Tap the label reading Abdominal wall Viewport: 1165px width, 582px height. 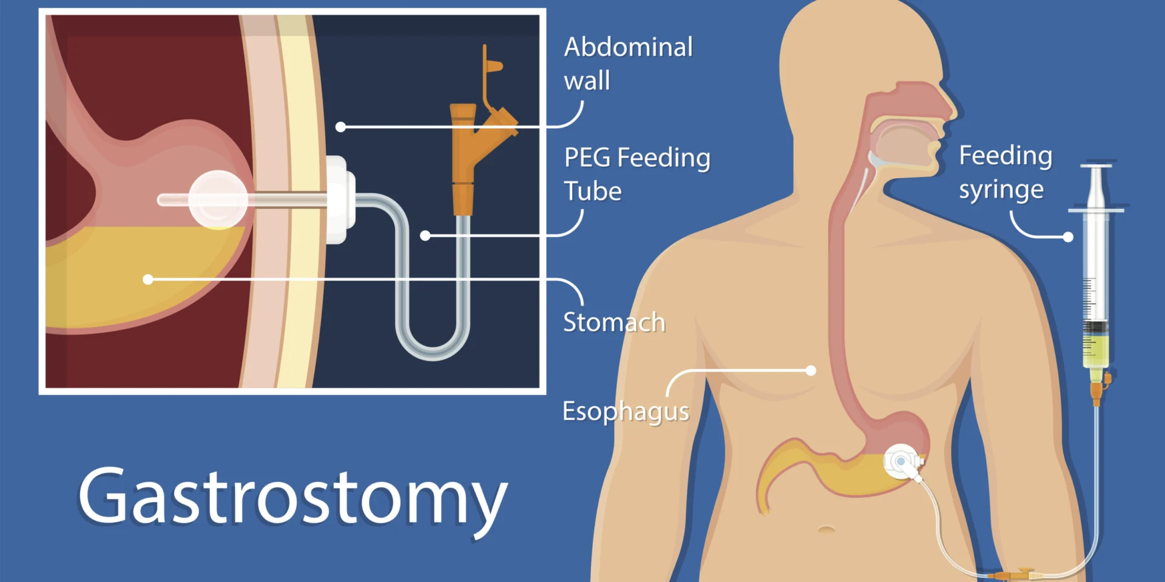point(628,64)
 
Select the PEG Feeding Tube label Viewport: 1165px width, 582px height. point(637,174)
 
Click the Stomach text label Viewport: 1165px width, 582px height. point(614,323)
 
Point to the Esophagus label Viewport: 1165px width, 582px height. point(626,412)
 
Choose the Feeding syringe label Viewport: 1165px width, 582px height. point(1005,173)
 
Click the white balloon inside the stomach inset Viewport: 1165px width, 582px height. point(218,199)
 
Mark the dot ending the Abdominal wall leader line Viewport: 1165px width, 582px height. point(341,127)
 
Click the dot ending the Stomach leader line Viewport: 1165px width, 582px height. point(148,279)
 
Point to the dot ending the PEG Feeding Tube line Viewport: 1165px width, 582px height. point(425,235)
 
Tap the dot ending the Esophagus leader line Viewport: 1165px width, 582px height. point(811,370)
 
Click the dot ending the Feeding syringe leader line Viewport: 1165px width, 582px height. point(1068,237)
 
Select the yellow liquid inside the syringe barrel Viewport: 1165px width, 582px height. point(1096,349)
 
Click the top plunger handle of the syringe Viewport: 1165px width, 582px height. point(1096,166)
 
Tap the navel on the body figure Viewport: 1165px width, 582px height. point(826,529)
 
